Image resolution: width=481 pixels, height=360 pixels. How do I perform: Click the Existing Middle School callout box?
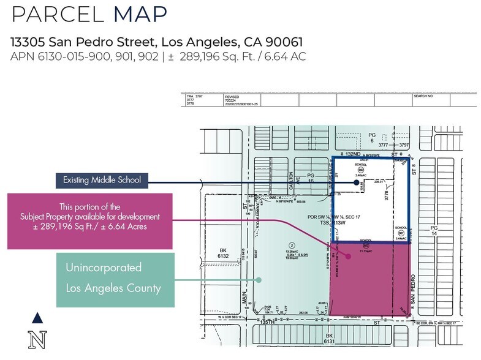[101, 181]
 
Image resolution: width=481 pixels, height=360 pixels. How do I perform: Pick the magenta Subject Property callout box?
[90, 222]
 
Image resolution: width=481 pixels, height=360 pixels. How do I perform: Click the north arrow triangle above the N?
[38, 317]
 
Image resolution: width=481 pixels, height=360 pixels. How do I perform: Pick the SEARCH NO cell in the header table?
[423, 97]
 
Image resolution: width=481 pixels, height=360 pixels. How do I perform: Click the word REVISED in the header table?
[233, 97]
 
